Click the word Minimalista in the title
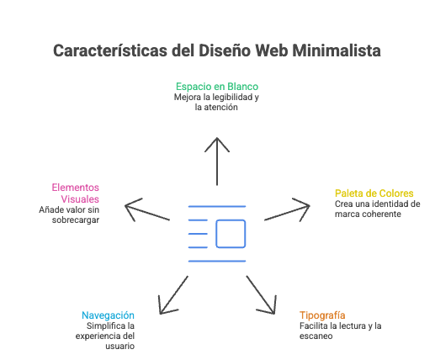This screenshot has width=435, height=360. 337,51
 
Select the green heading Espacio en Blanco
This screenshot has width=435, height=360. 217,87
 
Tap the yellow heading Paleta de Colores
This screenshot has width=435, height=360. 374,193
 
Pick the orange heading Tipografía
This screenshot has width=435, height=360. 322,314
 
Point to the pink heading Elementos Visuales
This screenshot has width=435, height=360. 76,193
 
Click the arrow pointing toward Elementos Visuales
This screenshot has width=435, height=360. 147,209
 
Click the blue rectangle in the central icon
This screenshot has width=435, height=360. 231,233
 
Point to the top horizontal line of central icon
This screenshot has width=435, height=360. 217,206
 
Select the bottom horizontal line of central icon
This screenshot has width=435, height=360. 217,260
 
